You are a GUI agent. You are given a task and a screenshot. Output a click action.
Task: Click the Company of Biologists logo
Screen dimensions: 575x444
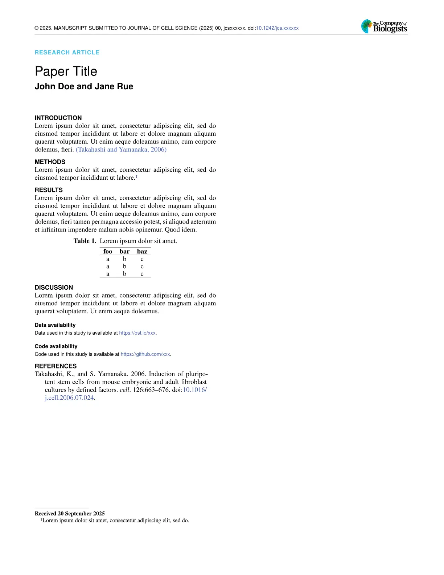[384, 26]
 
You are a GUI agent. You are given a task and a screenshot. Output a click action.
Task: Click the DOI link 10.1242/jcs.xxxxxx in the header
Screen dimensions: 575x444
[277, 28]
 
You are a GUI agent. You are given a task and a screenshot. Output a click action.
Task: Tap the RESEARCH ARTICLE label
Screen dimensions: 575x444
[67, 52]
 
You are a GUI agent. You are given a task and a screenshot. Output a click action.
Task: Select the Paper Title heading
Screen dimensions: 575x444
[66, 72]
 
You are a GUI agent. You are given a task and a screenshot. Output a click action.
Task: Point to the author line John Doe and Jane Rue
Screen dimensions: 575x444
[84, 86]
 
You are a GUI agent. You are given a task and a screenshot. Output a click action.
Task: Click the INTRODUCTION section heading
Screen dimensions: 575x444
[58, 118]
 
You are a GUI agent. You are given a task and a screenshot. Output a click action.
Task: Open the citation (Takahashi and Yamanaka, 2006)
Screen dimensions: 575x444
[121, 150]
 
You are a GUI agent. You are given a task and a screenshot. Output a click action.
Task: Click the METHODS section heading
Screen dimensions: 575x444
[50, 162]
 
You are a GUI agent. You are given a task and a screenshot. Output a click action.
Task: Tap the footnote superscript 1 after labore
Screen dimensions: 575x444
[136, 177]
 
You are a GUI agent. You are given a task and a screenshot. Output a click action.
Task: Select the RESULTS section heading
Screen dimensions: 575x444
[49, 190]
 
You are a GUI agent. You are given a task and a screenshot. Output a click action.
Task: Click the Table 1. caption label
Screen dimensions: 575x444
[85, 241]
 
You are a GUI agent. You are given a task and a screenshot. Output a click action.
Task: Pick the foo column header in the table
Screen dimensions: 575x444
[108, 252]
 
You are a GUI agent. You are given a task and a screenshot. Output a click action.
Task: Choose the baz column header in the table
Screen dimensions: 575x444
[142, 252]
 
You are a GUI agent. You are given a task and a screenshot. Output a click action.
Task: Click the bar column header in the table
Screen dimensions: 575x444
[124, 252]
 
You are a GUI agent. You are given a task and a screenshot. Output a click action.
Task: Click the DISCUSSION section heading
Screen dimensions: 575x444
[54, 287]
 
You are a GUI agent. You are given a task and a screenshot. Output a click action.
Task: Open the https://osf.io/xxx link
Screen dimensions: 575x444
[137, 333]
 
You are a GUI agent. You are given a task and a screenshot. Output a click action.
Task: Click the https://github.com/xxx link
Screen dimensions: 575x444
[145, 354]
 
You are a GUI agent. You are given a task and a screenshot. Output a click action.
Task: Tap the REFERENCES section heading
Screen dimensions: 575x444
[55, 366]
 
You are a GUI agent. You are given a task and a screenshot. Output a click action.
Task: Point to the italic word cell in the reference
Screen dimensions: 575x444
[124, 390]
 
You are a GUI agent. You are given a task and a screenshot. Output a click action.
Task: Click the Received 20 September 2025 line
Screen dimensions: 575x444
[70, 514]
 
